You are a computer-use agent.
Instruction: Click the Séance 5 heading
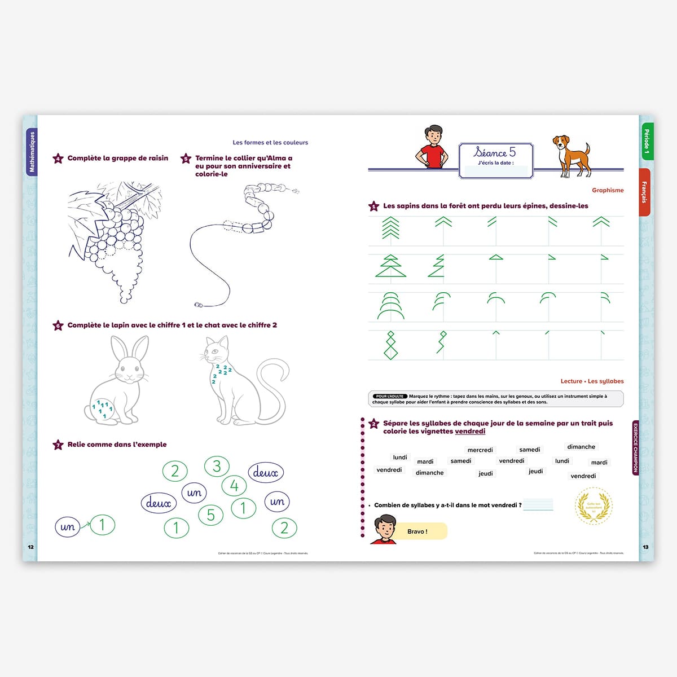point(495,152)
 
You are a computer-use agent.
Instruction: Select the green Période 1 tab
point(647,141)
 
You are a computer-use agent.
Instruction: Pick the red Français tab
point(644,192)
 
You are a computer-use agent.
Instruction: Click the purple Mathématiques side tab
point(32,152)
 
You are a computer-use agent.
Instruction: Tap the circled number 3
point(217,466)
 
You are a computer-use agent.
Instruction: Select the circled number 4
point(234,485)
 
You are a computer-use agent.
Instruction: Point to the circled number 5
point(210,515)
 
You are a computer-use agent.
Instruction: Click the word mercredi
point(480,450)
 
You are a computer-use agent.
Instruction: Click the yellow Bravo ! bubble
point(418,531)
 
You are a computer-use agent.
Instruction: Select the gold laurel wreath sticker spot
point(594,506)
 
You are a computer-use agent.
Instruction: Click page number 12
point(31,547)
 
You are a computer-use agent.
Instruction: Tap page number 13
point(645,547)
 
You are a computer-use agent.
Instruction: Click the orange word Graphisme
point(608,191)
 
